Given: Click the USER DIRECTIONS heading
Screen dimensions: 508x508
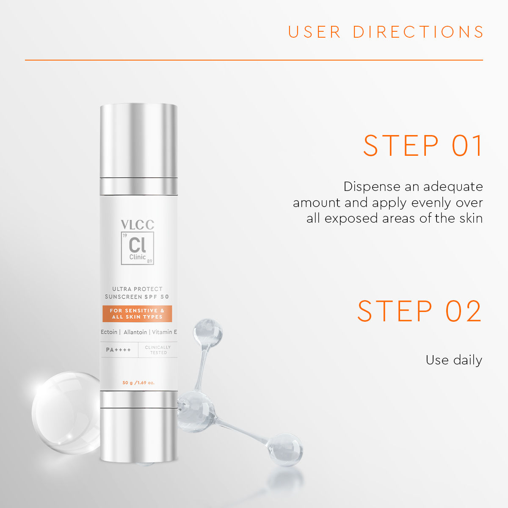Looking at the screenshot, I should coord(386,32).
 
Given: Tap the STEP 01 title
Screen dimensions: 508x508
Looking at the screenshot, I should coord(422,146).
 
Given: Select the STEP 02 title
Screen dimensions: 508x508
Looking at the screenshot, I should coord(420,311).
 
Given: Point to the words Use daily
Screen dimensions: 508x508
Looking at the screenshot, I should coord(454,360).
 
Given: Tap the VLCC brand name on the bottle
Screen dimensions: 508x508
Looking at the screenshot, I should coord(138,225).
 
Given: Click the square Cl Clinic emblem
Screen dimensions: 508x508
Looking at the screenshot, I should coord(138,248).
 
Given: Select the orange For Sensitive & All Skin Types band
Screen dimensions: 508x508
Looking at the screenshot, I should coord(137,314).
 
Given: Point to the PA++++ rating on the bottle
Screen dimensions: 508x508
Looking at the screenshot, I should coord(119,350).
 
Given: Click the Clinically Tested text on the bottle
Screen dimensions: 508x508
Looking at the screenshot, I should coord(158,350).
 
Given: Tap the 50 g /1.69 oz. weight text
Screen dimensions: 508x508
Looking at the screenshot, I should coord(138,383).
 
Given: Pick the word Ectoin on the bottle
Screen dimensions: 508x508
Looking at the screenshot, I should coord(109,332).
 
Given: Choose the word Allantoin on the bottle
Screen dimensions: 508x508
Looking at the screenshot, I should coord(135,332).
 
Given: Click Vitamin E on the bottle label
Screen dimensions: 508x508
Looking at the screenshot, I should coord(164,332).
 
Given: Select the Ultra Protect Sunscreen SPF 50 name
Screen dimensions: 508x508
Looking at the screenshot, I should coord(137,293).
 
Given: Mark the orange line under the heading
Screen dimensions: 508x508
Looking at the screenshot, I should coord(254,60).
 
